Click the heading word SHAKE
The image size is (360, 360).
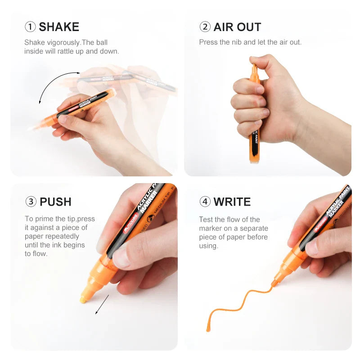coord(59,27)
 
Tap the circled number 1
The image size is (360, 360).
coord(30,27)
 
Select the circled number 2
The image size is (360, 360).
coord(205,27)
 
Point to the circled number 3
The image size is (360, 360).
coord(31,202)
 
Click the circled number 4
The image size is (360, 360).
coord(205,202)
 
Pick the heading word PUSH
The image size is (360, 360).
coord(55,202)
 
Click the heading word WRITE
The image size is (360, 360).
coord(232,202)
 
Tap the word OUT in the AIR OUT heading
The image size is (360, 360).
coord(249,27)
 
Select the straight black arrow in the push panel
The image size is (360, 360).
coord(102,305)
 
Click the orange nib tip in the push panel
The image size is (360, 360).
coord(83,300)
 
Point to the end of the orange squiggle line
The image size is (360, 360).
coord(208,330)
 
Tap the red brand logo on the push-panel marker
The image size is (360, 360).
coord(130,223)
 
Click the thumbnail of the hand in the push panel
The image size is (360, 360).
coord(120,257)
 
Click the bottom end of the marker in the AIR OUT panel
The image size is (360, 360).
coord(255,161)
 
